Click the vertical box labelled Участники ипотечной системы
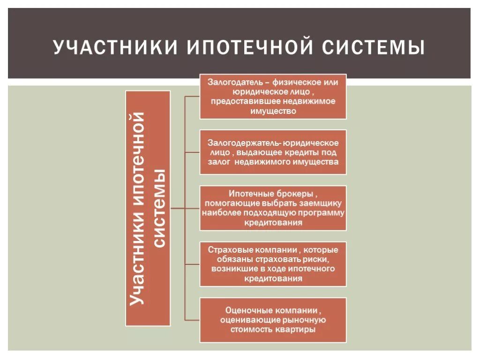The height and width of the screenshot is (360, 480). point(148,208)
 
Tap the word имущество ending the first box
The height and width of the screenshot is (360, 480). point(273,111)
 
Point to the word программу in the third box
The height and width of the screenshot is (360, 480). point(320,212)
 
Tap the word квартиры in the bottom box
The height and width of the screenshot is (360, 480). point(297,330)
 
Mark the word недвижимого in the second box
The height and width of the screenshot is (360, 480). point(262,162)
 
